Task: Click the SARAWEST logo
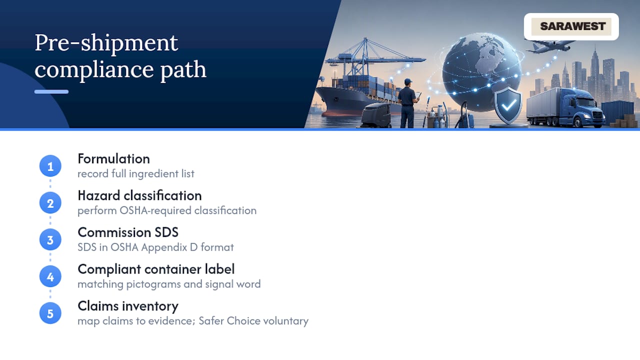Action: tap(571, 26)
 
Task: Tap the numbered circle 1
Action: tap(50, 166)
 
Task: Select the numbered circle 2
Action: tap(50, 203)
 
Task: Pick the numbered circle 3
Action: tap(50, 239)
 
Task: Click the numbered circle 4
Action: tap(50, 276)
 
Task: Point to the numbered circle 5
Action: tap(50, 313)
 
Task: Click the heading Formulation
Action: tap(113, 159)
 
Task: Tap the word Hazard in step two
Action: tap(99, 195)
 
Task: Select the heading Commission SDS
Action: tap(128, 232)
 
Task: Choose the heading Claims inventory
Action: tap(128, 306)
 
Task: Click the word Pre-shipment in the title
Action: tap(106, 43)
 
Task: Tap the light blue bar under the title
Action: tap(51, 91)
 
